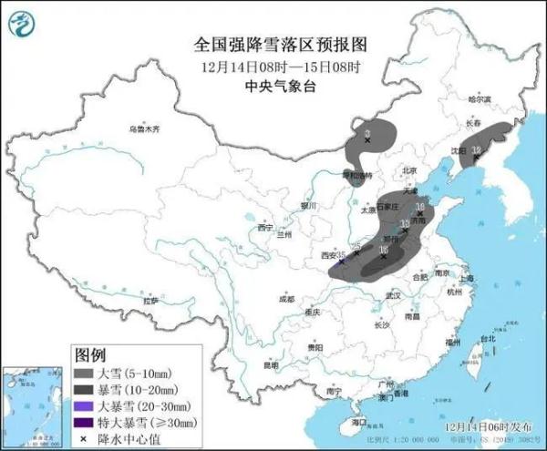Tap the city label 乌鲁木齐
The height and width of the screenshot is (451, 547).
click(x=143, y=129)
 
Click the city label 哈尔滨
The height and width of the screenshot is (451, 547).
click(x=480, y=99)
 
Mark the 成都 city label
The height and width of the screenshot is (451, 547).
click(x=287, y=298)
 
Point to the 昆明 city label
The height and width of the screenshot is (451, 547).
click(x=271, y=364)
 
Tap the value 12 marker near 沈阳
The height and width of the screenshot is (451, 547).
click(x=476, y=150)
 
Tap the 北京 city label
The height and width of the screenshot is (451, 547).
click(x=409, y=170)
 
